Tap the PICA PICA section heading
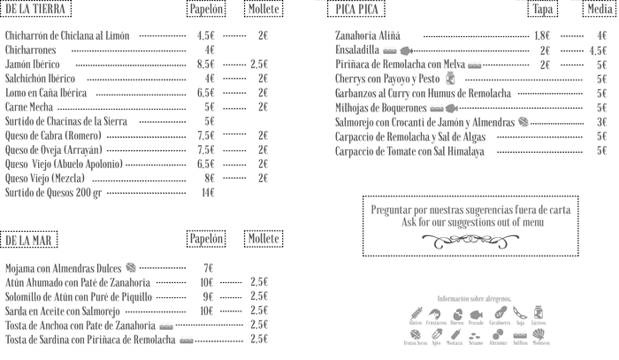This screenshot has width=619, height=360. pyautogui.click(x=356, y=9)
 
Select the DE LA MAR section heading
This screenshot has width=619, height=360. pyautogui.click(x=29, y=241)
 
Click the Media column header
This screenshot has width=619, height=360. pyautogui.click(x=600, y=9)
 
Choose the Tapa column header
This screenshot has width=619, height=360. pyautogui.click(x=542, y=9)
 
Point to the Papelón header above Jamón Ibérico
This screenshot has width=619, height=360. pyautogui.click(x=206, y=9)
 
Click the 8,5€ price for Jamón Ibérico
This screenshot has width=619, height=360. pyautogui.click(x=206, y=65)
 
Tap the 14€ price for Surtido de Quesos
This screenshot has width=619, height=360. pyautogui.click(x=208, y=192)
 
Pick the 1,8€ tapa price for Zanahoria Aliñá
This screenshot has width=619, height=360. pyautogui.click(x=542, y=36)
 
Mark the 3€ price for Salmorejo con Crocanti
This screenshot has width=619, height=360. pyautogui.click(x=601, y=122)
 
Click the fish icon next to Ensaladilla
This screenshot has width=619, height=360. pyautogui.click(x=406, y=50)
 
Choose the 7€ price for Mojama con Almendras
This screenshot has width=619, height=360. pyautogui.click(x=208, y=268)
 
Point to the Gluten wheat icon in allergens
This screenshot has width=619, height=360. pyautogui.click(x=416, y=314)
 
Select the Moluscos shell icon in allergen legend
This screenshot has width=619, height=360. pyautogui.click(x=540, y=335)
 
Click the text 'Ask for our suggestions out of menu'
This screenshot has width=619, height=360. pyautogui.click(x=470, y=222)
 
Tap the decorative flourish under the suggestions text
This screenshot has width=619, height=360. pyautogui.click(x=470, y=240)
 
